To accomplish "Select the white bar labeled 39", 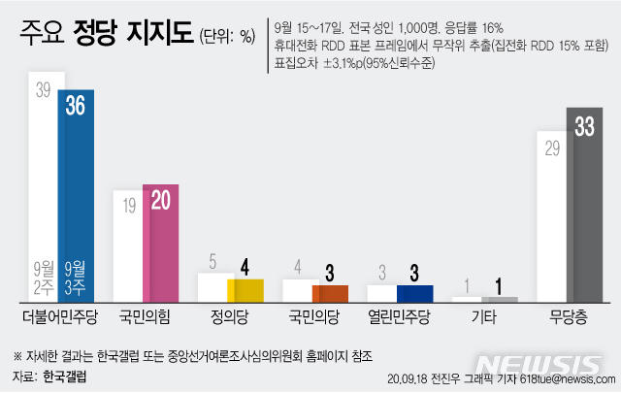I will [x=43, y=184].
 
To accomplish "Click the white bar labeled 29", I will [x=552, y=223].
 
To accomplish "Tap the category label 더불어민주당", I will [x=60, y=315].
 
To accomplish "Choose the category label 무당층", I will [x=569, y=315].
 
